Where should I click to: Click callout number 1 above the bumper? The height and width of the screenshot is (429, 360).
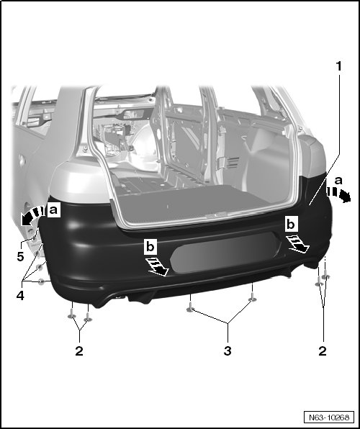pyautogui.click(x=339, y=66)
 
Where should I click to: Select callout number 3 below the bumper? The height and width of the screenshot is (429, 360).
pyautogui.click(x=228, y=351)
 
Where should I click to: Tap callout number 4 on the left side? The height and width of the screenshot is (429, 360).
pyautogui.click(x=20, y=296)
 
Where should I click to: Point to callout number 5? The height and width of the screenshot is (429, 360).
pyautogui.click(x=20, y=257)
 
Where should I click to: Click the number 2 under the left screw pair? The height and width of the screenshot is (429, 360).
pyautogui.click(x=79, y=351)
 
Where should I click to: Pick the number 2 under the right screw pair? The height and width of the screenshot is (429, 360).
pyautogui.click(x=323, y=351)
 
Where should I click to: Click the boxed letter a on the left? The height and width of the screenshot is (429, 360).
pyautogui.click(x=53, y=210)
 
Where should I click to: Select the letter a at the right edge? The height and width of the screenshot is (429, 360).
pyautogui.click(x=338, y=181)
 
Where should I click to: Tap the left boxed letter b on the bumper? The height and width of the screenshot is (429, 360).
pyautogui.click(x=150, y=247)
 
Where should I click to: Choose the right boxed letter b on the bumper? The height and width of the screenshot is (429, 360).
pyautogui.click(x=291, y=225)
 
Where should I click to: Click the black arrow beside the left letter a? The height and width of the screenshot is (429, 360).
pyautogui.click(x=32, y=216)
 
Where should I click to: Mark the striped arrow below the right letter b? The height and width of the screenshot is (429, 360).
pyautogui.click(x=298, y=244)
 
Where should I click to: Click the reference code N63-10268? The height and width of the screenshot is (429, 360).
pyautogui.click(x=329, y=417)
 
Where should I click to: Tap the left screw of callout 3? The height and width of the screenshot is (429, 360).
pyautogui.click(x=190, y=307)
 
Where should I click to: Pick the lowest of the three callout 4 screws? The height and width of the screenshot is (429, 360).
pyautogui.click(x=41, y=281)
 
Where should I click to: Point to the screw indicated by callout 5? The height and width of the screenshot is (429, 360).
pyautogui.click(x=35, y=239)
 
